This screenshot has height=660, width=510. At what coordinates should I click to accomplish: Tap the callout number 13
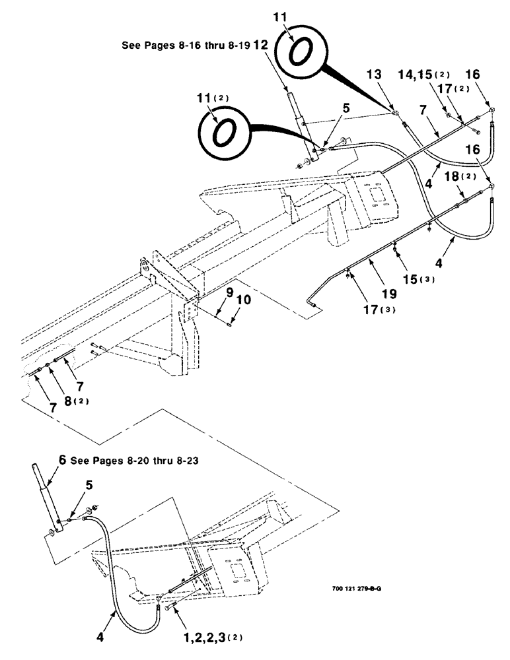[x=375, y=75]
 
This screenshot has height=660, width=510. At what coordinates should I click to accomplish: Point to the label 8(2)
[x=67, y=401]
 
